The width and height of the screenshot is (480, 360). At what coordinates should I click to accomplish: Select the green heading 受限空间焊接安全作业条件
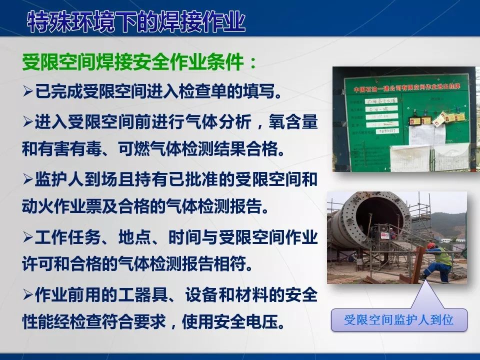coord(140,63)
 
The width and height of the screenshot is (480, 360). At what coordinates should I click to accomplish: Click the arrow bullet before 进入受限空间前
coord(28,121)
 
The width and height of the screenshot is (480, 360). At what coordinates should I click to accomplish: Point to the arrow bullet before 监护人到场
coord(28,179)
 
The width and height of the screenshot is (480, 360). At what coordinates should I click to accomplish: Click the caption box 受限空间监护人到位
coord(398,319)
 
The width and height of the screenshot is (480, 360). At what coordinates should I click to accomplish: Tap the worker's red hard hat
coord(431,246)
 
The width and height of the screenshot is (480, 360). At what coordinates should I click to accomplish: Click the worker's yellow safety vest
coord(442,258)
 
